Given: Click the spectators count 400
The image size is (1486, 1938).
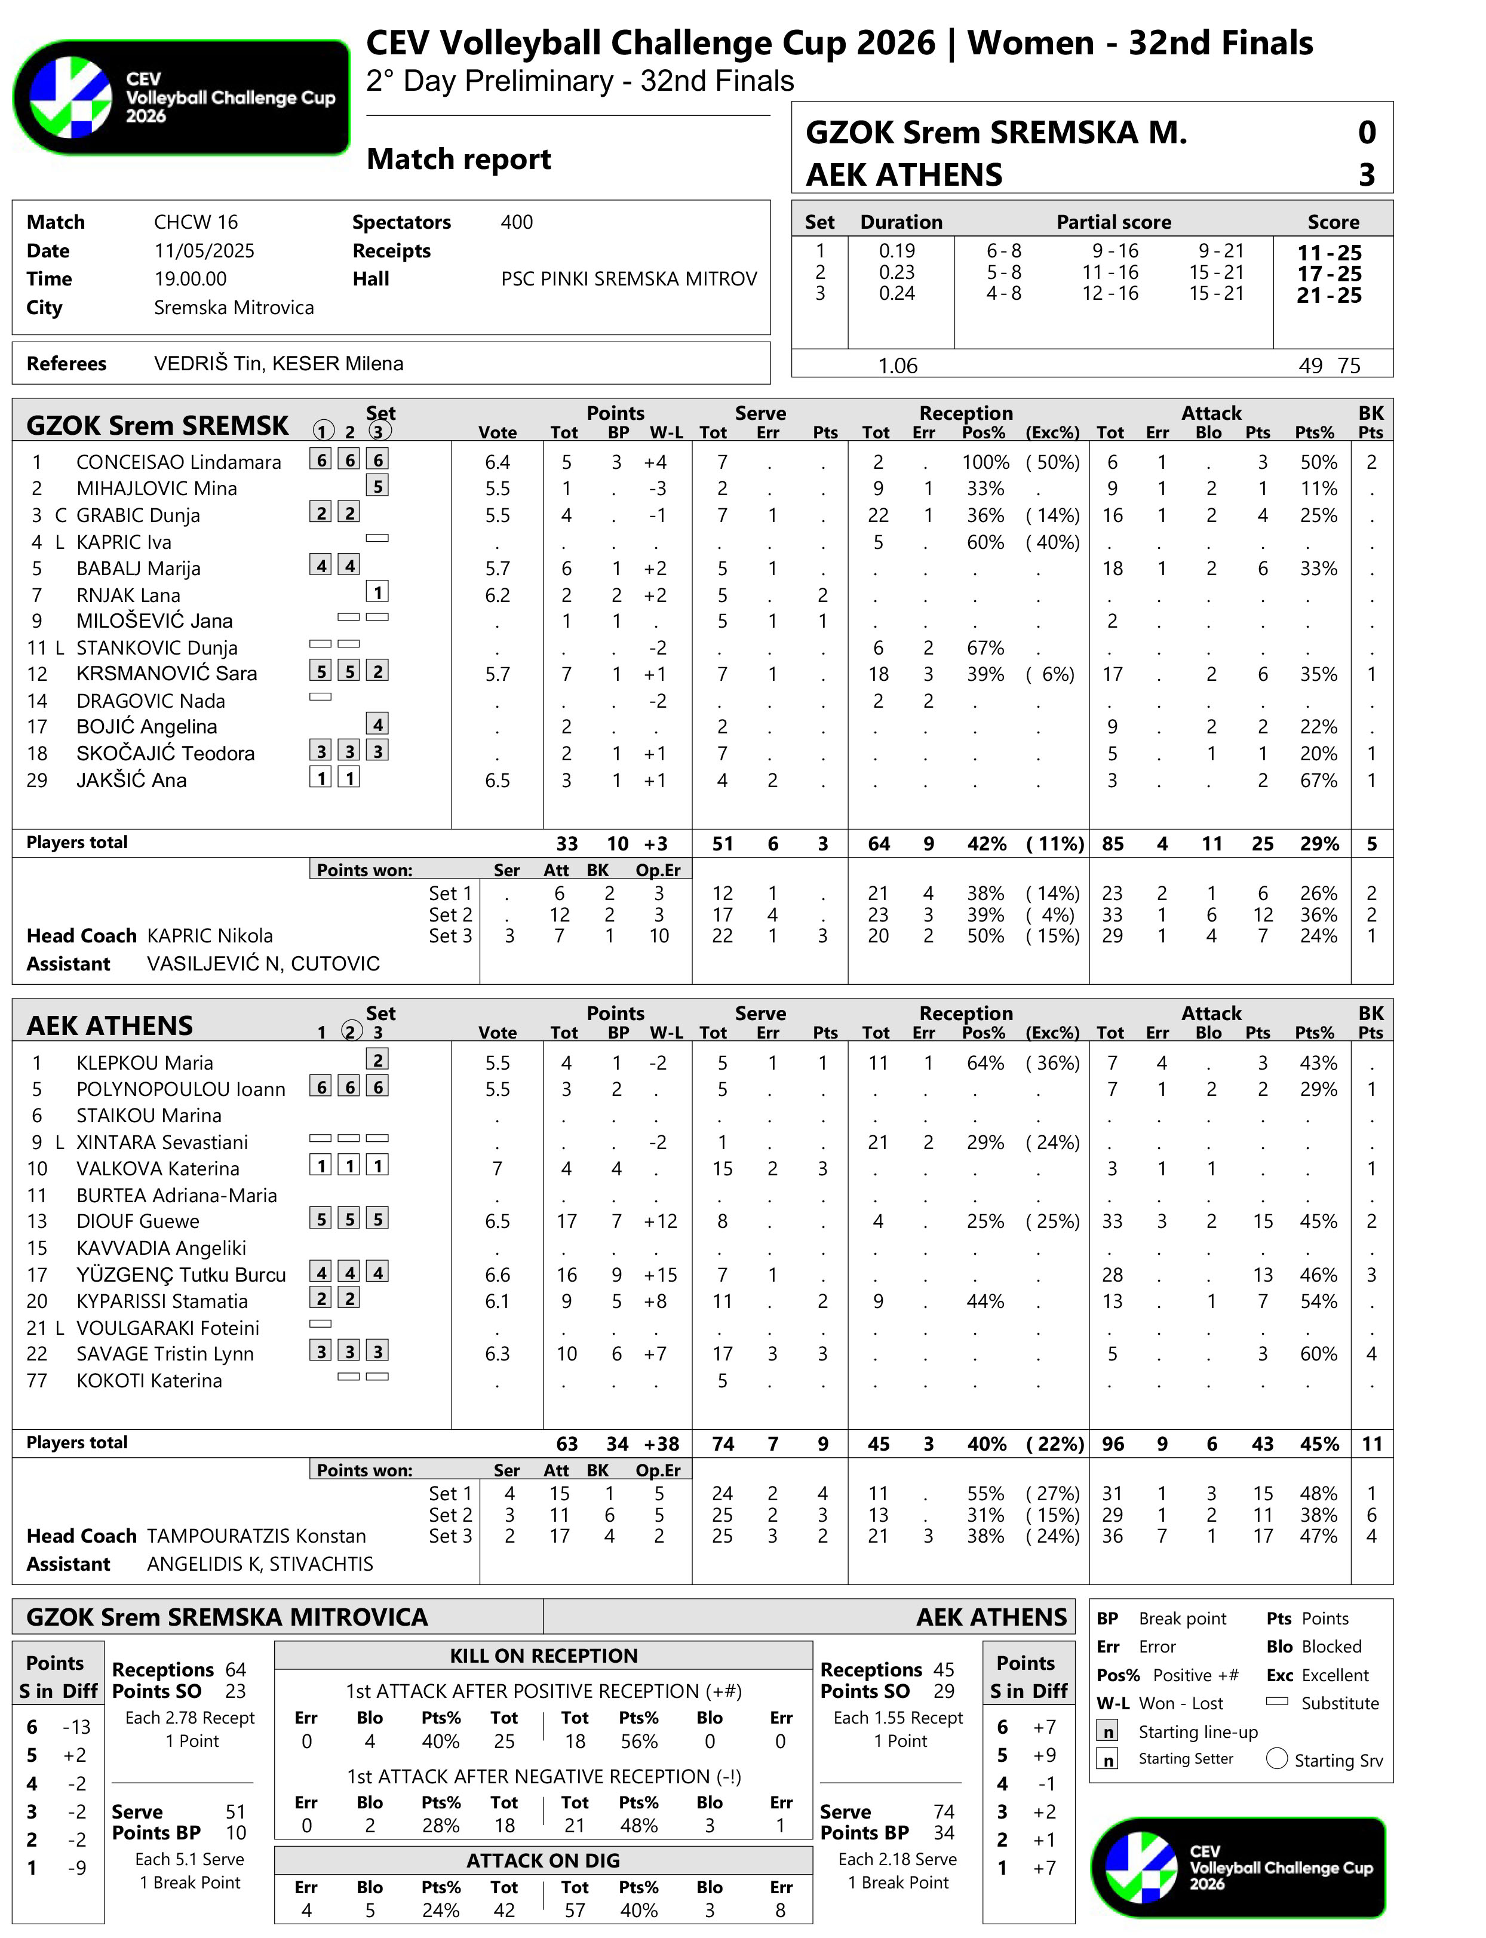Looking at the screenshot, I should (517, 222).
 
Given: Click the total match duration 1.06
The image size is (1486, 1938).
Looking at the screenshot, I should (897, 366).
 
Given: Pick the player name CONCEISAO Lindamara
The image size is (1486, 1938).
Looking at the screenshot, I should (179, 462).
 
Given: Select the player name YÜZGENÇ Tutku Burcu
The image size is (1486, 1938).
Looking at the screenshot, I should (182, 1274).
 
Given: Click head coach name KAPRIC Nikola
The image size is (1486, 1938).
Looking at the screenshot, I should (210, 936).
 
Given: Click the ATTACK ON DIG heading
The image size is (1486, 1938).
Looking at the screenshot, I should (543, 1860).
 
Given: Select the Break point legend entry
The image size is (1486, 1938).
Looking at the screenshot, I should (1182, 1618).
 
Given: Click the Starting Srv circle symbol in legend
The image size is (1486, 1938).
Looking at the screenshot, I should (1276, 1758).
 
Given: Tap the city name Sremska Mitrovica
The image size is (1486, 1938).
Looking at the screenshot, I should (234, 308).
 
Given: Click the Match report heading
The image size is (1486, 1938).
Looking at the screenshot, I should (458, 159).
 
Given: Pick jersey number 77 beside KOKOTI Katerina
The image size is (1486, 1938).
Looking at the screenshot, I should (37, 1381).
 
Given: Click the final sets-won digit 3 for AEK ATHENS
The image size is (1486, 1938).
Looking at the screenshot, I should (1367, 175).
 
